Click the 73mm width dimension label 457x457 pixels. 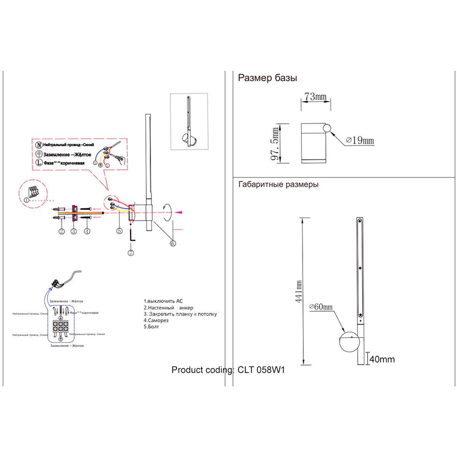tap(316, 96)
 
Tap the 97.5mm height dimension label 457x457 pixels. tap(275, 144)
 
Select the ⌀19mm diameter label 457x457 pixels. tap(360, 141)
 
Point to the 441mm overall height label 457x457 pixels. tap(299, 292)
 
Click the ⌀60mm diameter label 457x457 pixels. tap(321, 307)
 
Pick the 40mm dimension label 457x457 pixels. tap(382, 359)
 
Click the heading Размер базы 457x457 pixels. tap(267, 78)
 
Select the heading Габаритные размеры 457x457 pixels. tap(278, 184)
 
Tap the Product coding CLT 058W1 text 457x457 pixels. tap(228, 370)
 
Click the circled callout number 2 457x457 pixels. tap(61, 231)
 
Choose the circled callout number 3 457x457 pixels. tap(74, 231)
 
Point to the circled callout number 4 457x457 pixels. tap(87, 231)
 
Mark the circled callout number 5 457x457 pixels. tap(120, 230)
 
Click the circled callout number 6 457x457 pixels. tap(173, 243)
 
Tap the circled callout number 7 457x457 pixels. tap(131, 252)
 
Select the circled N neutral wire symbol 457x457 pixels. tap(38, 145)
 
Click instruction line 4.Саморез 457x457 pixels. tap(156, 320)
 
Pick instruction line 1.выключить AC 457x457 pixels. tap(163, 301)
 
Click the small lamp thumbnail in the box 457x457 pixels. tap(189, 122)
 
